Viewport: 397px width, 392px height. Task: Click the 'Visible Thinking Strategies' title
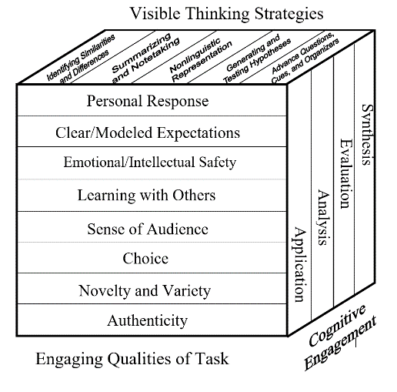[x=227, y=14]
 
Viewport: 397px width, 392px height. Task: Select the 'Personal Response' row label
[x=148, y=102]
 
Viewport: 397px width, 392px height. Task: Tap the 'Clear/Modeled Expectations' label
[x=148, y=133]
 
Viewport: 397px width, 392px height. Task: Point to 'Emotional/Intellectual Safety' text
[x=150, y=162]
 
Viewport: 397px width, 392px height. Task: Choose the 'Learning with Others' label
[x=146, y=195]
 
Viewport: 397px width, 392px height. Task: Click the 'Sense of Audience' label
[x=148, y=229]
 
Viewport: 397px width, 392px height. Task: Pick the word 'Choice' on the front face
[x=145, y=259]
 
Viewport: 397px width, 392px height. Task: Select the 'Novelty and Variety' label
[x=145, y=291]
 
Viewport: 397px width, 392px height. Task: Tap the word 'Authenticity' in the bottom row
[x=148, y=321]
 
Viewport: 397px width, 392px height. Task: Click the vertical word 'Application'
[x=299, y=264]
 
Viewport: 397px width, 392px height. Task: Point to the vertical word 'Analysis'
[x=323, y=218]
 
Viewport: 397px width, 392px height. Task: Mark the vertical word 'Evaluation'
[x=346, y=174]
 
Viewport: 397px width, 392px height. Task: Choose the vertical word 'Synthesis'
[x=367, y=135]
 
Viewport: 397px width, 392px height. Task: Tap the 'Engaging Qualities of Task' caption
[x=132, y=359]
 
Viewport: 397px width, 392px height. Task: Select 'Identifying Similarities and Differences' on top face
[x=81, y=59]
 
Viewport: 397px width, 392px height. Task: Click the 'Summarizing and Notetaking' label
[x=145, y=58]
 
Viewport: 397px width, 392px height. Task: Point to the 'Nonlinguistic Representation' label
[x=201, y=60]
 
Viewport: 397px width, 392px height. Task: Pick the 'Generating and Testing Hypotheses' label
[x=257, y=59]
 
